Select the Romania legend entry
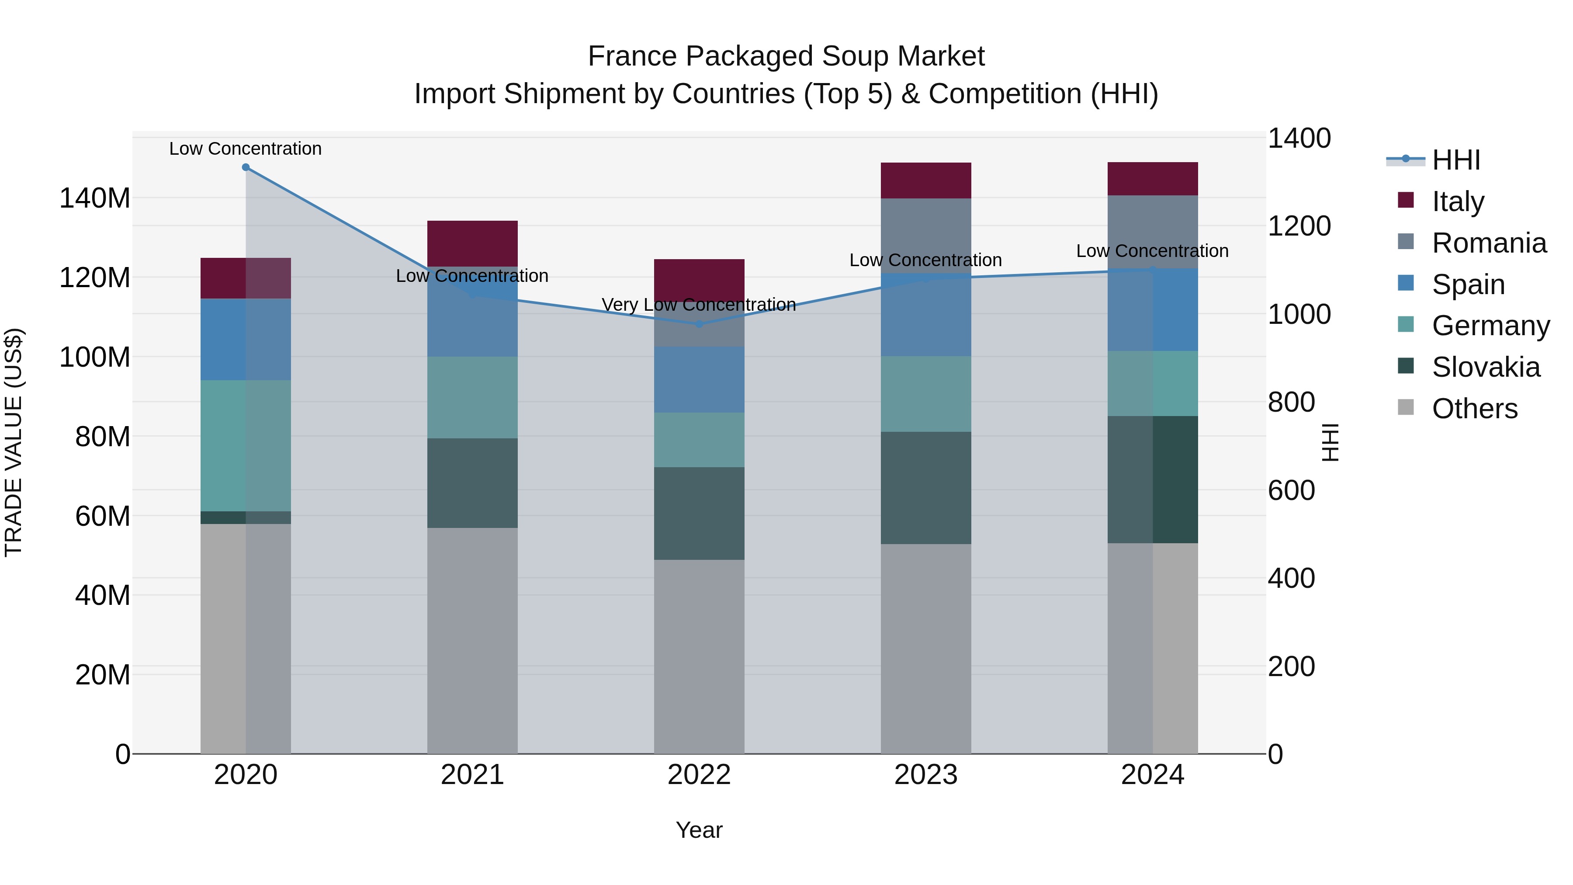[1488, 243]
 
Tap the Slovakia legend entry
[1485, 367]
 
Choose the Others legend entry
[1474, 409]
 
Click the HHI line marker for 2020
[246, 167]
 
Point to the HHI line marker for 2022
[699, 324]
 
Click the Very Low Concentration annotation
[699, 304]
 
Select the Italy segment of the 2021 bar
[472, 243]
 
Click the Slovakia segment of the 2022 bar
[699, 513]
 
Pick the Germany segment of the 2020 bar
[246, 446]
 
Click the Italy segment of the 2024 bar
[1152, 179]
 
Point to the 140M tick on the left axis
[95, 198]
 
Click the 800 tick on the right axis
[1291, 403]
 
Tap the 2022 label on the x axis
[699, 775]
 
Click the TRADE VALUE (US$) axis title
[14, 442]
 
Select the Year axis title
[699, 830]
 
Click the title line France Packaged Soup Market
[786, 56]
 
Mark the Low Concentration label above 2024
[1152, 251]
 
